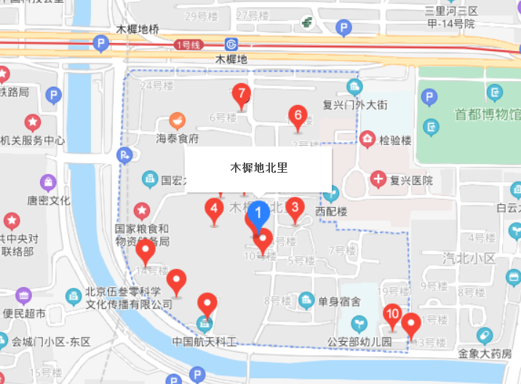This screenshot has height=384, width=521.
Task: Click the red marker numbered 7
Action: pyautogui.click(x=241, y=94)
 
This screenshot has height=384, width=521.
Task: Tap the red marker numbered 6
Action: pyautogui.click(x=296, y=115)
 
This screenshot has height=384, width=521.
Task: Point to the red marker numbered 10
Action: pyautogui.click(x=392, y=314)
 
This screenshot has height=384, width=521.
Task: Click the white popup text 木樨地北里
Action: pyautogui.click(x=259, y=168)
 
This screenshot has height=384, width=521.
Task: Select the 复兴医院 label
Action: pyautogui.click(x=411, y=180)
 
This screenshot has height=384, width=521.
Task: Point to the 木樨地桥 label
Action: pyautogui.click(x=137, y=29)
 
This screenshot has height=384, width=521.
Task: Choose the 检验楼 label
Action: pyautogui.click(x=396, y=139)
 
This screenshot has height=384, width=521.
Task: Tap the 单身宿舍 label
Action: pyautogui.click(x=339, y=299)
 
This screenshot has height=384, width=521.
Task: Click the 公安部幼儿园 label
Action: pyautogui.click(x=359, y=341)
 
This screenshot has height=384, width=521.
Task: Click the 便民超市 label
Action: pyautogui.click(x=24, y=314)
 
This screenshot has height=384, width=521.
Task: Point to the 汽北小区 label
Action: pyautogui.click(x=469, y=258)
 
